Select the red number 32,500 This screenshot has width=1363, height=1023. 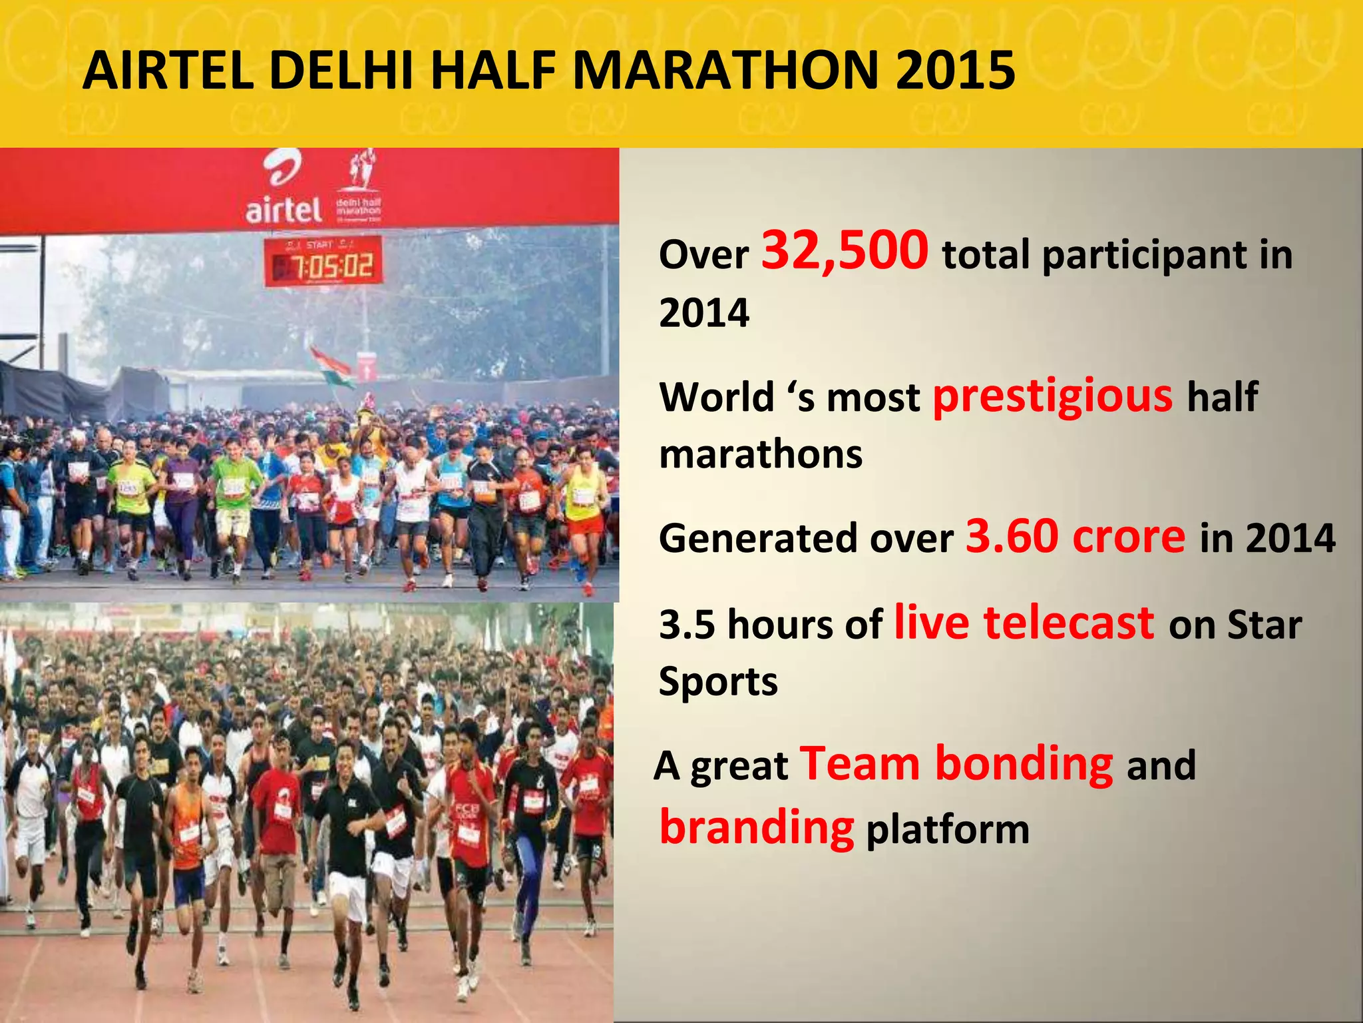[845, 250]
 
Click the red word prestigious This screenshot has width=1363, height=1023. [1052, 396]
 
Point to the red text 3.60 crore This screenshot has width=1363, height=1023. [1075, 536]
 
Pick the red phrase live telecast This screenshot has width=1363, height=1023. [1024, 623]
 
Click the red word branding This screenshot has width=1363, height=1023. [756, 827]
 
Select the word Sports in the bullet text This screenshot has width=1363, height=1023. [718, 681]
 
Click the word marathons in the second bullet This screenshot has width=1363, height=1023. [760, 454]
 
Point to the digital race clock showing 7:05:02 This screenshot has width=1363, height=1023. [323, 261]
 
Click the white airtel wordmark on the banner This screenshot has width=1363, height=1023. [283, 210]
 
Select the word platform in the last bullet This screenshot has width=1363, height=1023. [948, 830]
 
